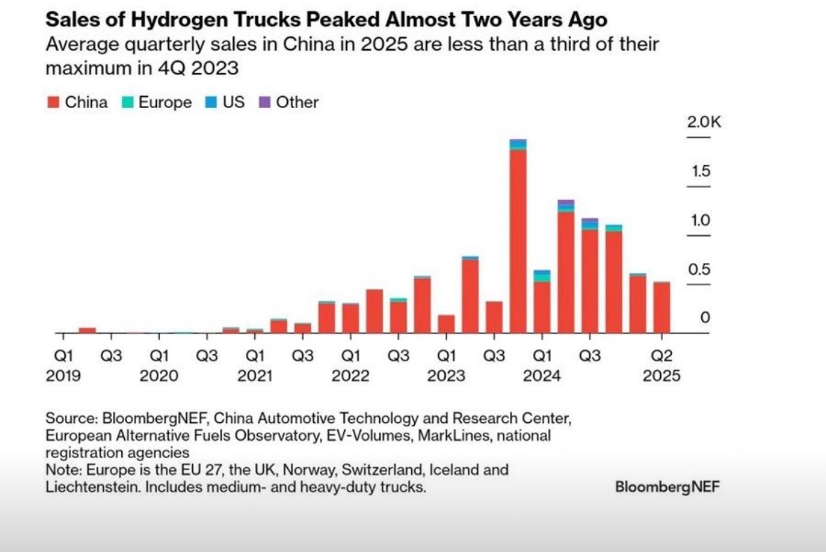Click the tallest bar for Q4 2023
518,238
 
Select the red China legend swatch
53,102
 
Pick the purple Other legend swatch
264,102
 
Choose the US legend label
233,102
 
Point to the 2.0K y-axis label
703,122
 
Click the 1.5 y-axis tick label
701,171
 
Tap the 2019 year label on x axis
64,376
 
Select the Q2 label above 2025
662,356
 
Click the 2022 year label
350,376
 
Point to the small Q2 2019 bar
88,330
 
